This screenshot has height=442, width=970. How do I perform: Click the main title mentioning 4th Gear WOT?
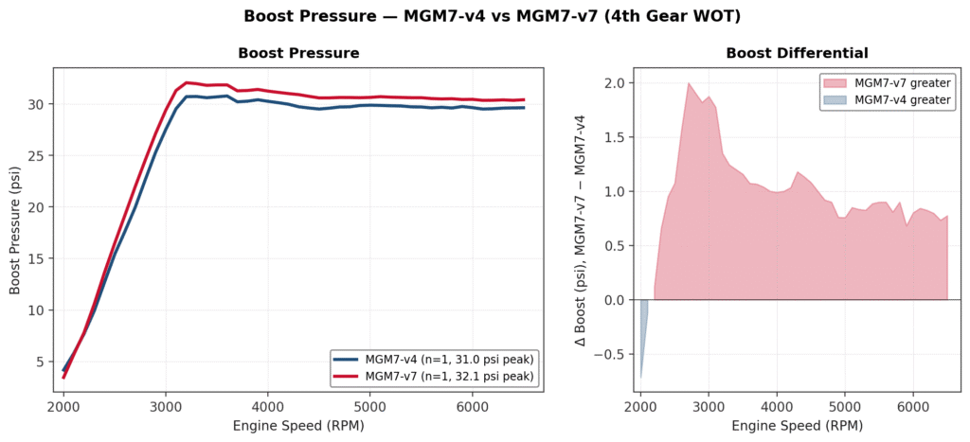[x=485, y=16]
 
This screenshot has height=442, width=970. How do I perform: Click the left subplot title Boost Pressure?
[x=298, y=53]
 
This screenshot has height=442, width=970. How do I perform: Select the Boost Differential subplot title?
[x=797, y=53]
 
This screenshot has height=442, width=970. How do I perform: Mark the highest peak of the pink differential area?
[x=689, y=83]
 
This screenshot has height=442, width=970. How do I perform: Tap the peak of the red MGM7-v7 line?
[x=187, y=82]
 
